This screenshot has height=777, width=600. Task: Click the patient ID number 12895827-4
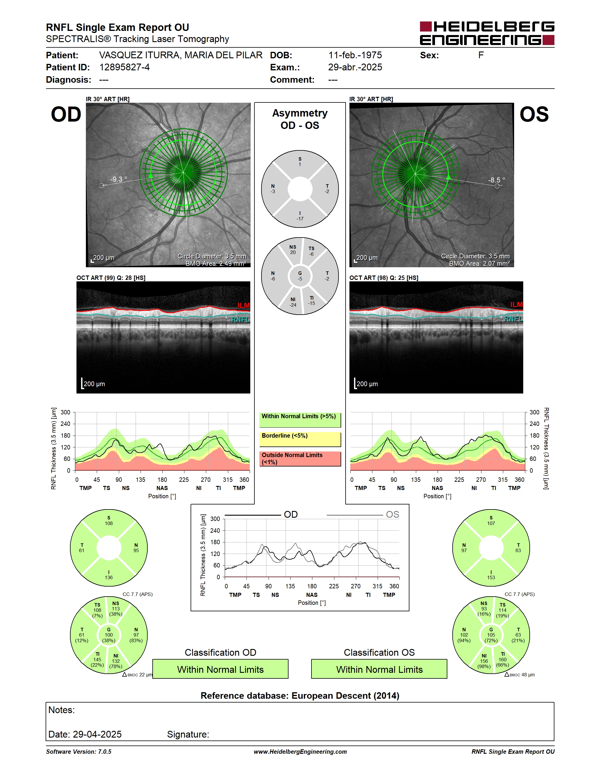(124, 67)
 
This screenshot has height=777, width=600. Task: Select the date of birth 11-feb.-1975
(355, 55)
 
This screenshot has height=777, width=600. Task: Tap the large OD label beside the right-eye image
(66, 114)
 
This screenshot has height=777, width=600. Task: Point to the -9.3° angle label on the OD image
(118, 179)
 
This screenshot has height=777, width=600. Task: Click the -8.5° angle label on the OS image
(496, 180)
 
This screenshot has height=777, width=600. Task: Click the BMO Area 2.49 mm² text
(216, 264)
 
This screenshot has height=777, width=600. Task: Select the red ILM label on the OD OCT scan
(244, 305)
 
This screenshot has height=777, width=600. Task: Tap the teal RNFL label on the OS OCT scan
(514, 319)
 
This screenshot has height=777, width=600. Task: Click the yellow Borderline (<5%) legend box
(300, 439)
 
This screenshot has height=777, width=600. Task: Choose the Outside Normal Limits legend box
(300, 459)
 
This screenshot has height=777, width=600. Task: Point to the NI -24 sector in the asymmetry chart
(293, 302)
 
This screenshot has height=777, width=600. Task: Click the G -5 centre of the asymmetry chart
(300, 276)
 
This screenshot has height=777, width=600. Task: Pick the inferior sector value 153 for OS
(491, 577)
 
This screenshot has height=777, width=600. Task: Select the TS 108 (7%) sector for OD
(97, 610)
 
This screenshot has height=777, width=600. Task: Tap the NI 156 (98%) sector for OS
(484, 661)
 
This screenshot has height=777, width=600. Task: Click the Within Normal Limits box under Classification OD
(220, 669)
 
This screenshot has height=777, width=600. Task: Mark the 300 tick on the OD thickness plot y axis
(65, 412)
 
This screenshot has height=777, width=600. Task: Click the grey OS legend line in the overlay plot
(355, 515)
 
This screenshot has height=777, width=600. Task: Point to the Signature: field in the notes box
(188, 734)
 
